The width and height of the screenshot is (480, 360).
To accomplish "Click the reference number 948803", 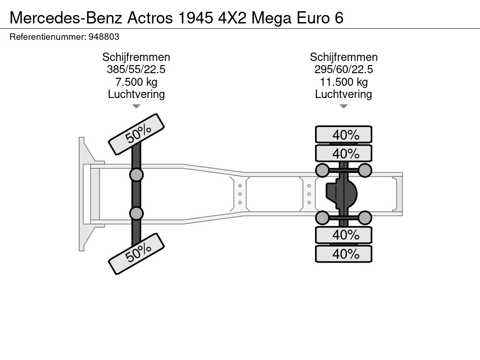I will (104, 36).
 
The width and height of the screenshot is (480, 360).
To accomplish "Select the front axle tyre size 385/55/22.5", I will (136, 70).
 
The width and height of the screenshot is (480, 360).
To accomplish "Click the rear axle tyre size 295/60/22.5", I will (344, 70).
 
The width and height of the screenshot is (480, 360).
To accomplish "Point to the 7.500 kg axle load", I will (136, 82).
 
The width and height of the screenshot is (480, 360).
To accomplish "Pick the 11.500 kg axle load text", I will (344, 82).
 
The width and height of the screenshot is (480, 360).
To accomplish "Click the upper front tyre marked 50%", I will (137, 135).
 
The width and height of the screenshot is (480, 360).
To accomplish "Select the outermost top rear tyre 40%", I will (344, 135).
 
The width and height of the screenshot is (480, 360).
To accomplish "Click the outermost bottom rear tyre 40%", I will (344, 254).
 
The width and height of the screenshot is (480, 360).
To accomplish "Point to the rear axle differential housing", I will (342, 194).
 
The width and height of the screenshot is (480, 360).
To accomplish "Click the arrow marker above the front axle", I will (136, 106).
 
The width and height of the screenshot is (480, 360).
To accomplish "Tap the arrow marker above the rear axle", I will (344, 106).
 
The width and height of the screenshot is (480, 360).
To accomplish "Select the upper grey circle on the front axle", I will (136, 175).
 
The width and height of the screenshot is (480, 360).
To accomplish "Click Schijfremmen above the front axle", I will (136, 57).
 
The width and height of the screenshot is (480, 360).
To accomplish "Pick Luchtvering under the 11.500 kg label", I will (344, 94).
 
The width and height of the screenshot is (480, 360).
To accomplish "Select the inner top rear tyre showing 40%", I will (344, 154).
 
